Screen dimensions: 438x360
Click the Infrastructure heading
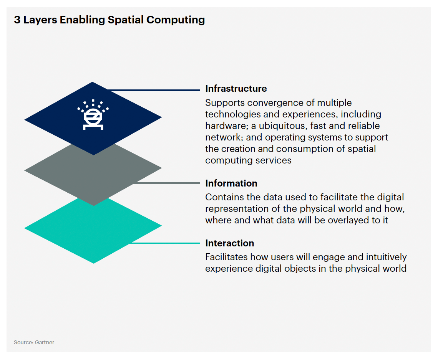(x=236, y=89)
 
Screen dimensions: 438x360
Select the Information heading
(x=231, y=183)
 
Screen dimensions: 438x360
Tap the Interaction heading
(x=230, y=243)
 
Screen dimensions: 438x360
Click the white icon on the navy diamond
(x=93, y=114)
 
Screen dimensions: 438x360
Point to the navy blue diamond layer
(x=93, y=118)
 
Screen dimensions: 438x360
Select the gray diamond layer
(x=93, y=178)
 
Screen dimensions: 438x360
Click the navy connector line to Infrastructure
(x=154, y=90)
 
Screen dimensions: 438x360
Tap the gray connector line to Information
(x=166, y=183)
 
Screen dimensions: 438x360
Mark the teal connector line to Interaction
(x=164, y=243)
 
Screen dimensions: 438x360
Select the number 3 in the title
(x=17, y=20)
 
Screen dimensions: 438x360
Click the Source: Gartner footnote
(x=34, y=342)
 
